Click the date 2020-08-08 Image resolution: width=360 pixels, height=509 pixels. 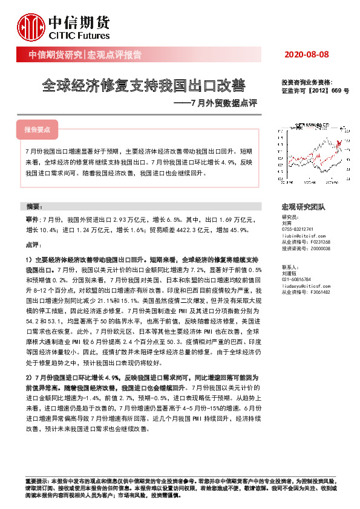click(306, 55)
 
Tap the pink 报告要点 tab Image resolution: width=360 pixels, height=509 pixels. click(38, 129)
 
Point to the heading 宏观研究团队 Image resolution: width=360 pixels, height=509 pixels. click(304, 207)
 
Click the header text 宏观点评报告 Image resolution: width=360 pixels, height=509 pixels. click(115, 55)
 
